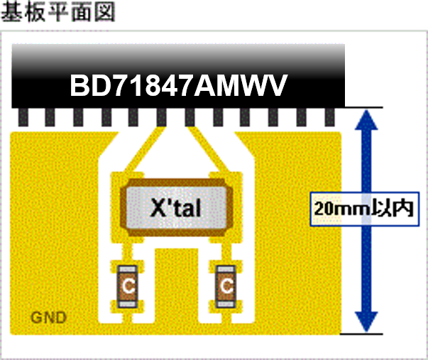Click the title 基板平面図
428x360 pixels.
pyautogui.click(x=58, y=12)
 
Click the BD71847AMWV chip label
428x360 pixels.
pyautogui.click(x=179, y=86)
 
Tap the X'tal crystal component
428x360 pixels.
pyautogui.click(x=176, y=207)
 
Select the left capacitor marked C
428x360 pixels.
pyautogui.click(x=128, y=286)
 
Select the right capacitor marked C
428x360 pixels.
pyautogui.click(x=226, y=286)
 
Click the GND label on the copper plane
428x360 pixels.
pyautogui.click(x=48, y=317)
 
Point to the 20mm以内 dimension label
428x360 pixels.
pyautogui.click(x=365, y=209)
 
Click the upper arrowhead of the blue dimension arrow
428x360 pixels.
pyautogui.click(x=366, y=119)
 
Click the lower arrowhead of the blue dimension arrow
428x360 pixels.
pyautogui.click(x=366, y=322)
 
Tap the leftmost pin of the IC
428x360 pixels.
pyautogui.click(x=23, y=117)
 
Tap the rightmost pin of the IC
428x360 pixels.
pyautogui.click(x=330, y=117)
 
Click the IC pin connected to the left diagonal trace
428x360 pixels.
pyautogui.click(x=162, y=117)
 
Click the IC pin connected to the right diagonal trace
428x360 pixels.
pyautogui.click(x=190, y=117)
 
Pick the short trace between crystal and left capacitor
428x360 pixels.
pyautogui.click(x=127, y=252)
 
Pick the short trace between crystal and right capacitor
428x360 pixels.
pyautogui.click(x=226, y=252)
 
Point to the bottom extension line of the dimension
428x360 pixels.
pyautogui.click(x=361, y=334)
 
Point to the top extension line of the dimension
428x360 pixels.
pyautogui.click(x=363, y=107)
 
